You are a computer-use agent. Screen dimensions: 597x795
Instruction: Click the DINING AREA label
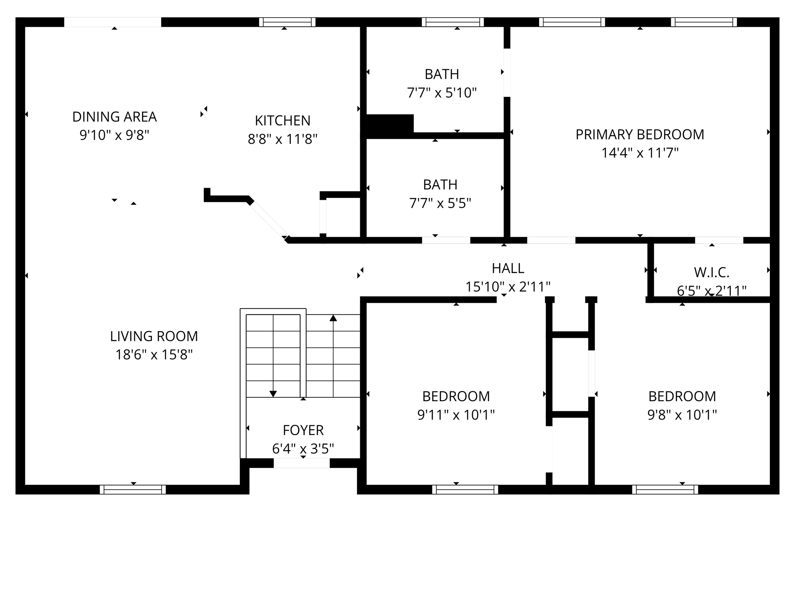coord(115,117)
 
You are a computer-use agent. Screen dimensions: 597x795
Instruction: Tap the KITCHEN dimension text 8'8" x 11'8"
coord(283,139)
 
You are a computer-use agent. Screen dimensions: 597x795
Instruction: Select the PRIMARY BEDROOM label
coord(640,134)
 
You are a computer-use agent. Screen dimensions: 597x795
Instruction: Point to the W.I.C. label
coord(712,272)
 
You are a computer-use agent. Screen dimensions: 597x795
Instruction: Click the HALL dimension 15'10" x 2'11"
coord(508,287)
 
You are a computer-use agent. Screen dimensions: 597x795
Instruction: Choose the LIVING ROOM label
coord(154,336)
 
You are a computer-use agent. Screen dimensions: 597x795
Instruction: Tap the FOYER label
coord(303,430)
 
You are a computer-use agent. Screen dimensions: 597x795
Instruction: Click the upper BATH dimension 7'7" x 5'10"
coord(442,93)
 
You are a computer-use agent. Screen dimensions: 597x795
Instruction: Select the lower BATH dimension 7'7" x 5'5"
coord(440,203)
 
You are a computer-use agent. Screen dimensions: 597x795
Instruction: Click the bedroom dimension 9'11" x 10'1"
coord(456,415)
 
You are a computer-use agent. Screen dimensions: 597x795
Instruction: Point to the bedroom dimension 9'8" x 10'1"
coord(682,415)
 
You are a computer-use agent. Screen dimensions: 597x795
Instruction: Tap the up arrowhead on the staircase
coord(333,318)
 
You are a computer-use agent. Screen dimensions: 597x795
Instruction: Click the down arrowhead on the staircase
coord(273,394)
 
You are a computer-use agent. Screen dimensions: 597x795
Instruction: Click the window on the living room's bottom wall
coord(133,489)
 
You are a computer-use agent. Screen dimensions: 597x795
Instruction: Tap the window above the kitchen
coord(287,22)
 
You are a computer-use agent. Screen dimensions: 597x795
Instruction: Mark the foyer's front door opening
coord(302,463)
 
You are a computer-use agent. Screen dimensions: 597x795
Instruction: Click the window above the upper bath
coord(453,22)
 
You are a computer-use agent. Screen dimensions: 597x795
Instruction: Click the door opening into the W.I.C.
coord(719,240)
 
